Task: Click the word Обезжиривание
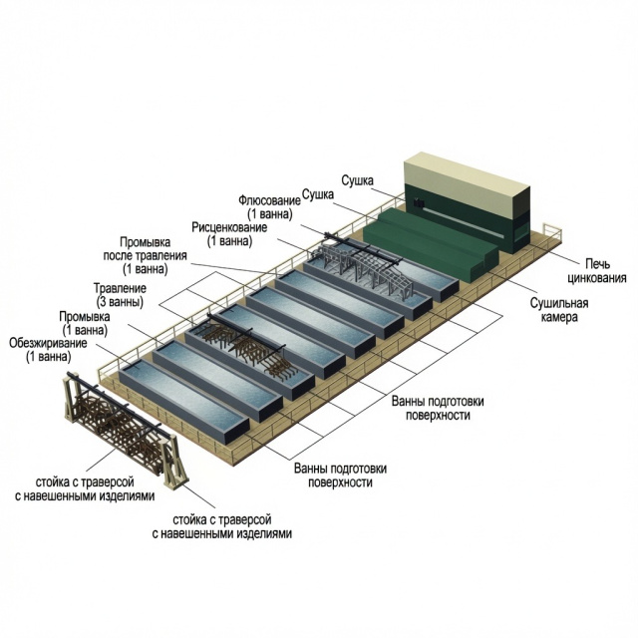pos(48,343)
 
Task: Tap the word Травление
pos(120,288)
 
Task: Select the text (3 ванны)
pos(120,302)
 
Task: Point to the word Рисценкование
pos(229,227)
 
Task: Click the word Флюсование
pos(269,200)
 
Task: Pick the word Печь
pos(598,263)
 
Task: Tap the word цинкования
pos(597,278)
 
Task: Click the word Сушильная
pos(559,303)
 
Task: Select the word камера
pos(559,317)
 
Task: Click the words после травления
pos(145,255)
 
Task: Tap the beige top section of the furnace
pos(467,182)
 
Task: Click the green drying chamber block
pos(431,243)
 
